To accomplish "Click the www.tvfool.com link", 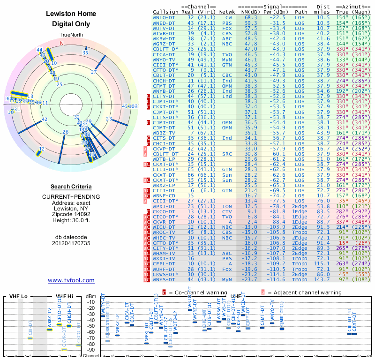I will click(71, 280).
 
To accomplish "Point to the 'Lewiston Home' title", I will click(71, 14).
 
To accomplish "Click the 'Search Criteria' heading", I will click(71, 187).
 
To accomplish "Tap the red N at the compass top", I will click(61, 43).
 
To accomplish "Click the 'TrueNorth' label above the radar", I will click(71, 35).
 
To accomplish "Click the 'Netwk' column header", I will click(227, 11).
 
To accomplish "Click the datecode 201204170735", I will click(71, 243).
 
